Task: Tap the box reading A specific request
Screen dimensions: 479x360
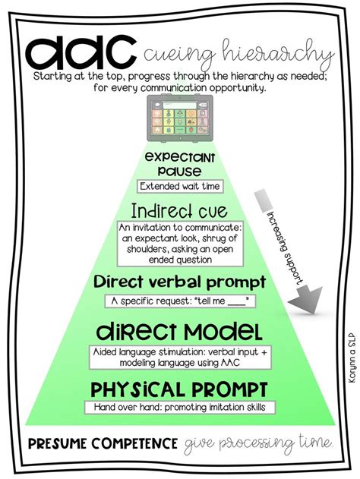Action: tap(180, 301)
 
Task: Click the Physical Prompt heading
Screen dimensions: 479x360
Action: tap(179, 390)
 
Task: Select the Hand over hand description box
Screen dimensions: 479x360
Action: tap(179, 408)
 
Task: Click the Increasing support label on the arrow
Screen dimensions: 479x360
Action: tap(287, 243)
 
